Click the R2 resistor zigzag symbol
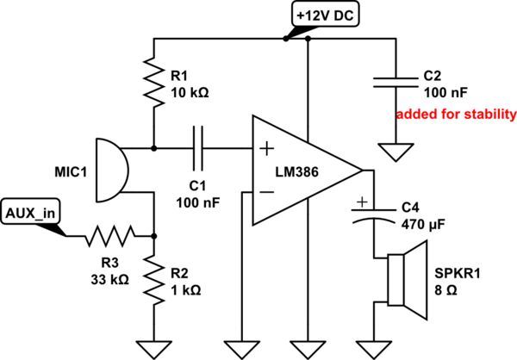153,282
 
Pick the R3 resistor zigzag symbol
108,234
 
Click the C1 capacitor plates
200,148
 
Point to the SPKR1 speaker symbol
406,274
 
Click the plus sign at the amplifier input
263,149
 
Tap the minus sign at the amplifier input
263,194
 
